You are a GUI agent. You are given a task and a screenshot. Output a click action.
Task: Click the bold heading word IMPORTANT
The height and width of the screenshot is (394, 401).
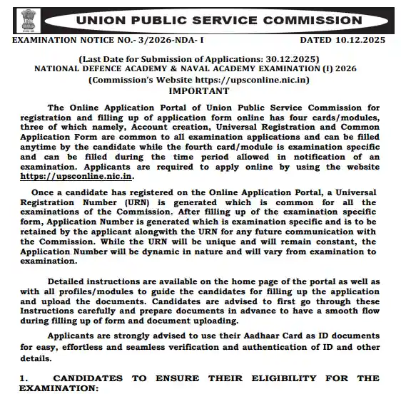coord(200,91)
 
